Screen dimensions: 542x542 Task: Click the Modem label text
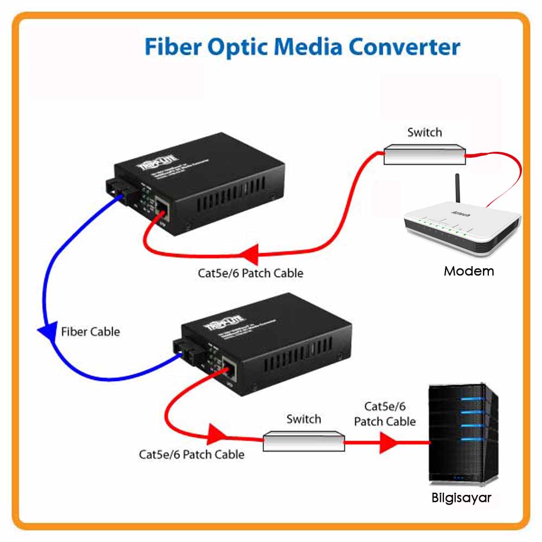[469, 271]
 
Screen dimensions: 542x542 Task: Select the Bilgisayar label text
[461, 498]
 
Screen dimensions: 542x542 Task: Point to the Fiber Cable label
[91, 331]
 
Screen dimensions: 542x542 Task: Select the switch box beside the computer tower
[304, 441]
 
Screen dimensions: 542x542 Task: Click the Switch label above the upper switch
[424, 132]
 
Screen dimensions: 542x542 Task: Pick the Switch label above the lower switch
[304, 419]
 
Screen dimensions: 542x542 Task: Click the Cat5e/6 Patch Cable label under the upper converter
[250, 273]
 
